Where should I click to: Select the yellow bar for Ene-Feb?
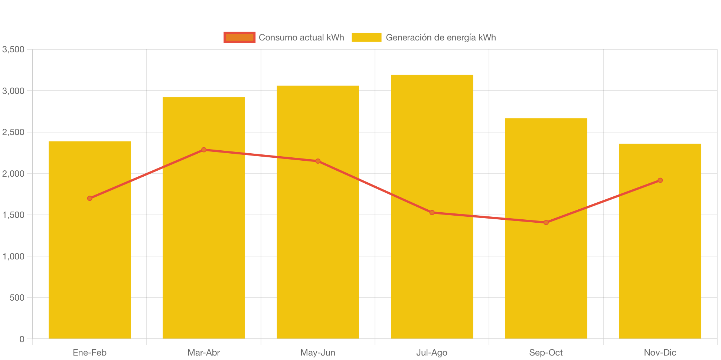(90, 267)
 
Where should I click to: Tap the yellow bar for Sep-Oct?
(546, 282)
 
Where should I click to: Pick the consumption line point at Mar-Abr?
(204, 150)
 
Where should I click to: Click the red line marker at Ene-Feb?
(90, 198)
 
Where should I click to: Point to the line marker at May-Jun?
(318, 161)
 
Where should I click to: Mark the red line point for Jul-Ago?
(432, 213)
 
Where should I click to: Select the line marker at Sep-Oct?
(546, 222)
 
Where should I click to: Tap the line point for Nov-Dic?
(660, 180)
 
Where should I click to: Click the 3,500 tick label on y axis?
(13, 49)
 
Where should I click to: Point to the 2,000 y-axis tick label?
(13, 174)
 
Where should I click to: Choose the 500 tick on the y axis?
(17, 298)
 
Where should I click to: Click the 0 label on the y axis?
(22, 339)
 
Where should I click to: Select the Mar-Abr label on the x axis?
(204, 353)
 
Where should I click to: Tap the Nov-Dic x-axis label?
(660, 353)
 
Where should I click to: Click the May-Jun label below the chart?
(318, 353)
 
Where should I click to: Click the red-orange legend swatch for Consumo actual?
(239, 37)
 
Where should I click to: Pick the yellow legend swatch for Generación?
(366, 37)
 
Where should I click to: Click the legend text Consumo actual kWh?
(301, 37)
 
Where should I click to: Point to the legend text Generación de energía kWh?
(441, 37)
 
